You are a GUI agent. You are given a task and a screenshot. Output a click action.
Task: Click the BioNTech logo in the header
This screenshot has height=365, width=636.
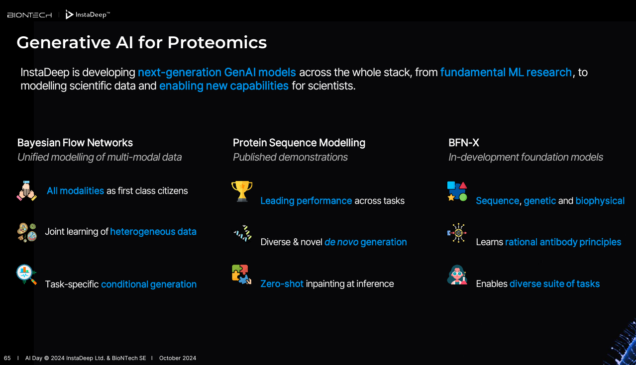29,15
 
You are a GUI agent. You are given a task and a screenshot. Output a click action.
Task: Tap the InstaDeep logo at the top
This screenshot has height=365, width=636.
88,14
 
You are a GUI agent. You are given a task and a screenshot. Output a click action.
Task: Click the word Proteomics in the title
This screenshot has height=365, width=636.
217,43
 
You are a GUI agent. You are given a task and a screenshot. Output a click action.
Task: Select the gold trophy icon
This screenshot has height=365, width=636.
242,191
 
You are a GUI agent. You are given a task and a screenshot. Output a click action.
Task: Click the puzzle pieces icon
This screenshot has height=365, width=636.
241,274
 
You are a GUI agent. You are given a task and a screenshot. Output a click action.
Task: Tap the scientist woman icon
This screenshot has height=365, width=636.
457,274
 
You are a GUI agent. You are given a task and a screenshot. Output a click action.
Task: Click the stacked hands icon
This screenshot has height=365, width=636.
26,190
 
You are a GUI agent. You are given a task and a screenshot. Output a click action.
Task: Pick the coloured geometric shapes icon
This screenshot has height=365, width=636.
457,191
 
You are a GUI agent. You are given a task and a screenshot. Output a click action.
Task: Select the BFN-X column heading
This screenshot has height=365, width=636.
464,143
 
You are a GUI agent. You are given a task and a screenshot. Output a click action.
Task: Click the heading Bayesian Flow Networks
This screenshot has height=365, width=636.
75,143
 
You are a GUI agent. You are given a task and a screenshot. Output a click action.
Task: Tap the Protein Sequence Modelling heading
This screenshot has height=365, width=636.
299,143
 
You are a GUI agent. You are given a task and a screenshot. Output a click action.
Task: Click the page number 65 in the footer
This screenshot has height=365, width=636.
7,358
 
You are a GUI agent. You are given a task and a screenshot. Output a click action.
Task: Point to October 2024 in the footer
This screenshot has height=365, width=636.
178,358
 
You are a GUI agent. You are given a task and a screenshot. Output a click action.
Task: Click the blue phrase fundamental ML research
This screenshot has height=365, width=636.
506,72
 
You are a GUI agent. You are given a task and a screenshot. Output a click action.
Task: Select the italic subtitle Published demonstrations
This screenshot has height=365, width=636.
290,157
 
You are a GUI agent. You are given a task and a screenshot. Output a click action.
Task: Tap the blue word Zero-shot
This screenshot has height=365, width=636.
282,283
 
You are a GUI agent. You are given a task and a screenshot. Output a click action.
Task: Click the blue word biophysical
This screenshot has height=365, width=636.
600,201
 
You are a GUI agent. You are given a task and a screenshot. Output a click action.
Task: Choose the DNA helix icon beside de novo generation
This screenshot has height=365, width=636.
242,233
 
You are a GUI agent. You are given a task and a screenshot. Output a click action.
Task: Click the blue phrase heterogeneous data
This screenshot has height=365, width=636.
153,232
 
